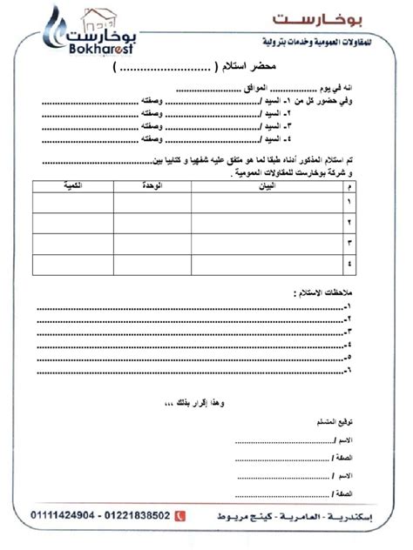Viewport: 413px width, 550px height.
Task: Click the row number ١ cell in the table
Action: (350, 202)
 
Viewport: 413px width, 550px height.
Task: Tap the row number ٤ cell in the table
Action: (350, 264)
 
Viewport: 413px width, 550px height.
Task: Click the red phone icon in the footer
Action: (180, 517)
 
